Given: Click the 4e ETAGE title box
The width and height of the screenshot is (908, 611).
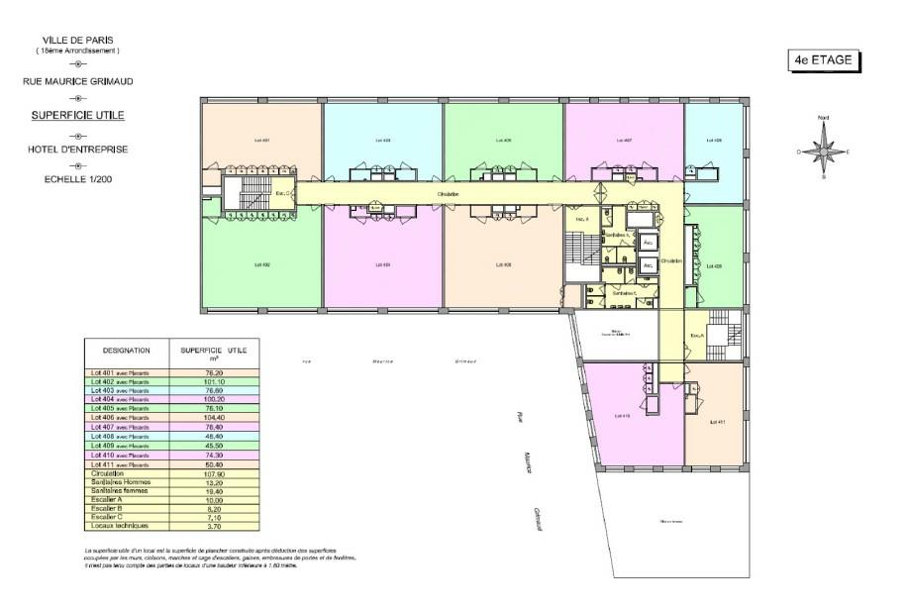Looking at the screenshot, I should click(822, 61).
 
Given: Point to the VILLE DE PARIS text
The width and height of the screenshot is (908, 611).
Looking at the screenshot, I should click(77, 40).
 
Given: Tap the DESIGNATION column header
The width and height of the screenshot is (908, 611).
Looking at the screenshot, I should click(126, 350).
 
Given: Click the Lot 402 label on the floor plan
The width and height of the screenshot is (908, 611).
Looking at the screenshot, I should click(262, 264).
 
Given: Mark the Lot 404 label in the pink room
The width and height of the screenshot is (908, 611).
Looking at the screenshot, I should click(381, 264).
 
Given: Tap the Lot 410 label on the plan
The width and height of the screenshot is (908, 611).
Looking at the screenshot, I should click(624, 415).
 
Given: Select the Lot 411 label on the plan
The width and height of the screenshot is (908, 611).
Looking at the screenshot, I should click(718, 422).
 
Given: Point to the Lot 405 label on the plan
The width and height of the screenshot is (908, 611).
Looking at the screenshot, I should click(502, 141).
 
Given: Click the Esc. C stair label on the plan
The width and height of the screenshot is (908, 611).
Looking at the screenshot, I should click(282, 193).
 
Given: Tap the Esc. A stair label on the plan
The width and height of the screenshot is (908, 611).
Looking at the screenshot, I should click(696, 335).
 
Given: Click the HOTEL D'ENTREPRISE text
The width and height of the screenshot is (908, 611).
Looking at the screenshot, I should click(78, 150).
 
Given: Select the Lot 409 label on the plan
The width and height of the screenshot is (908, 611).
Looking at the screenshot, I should click(713, 264).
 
